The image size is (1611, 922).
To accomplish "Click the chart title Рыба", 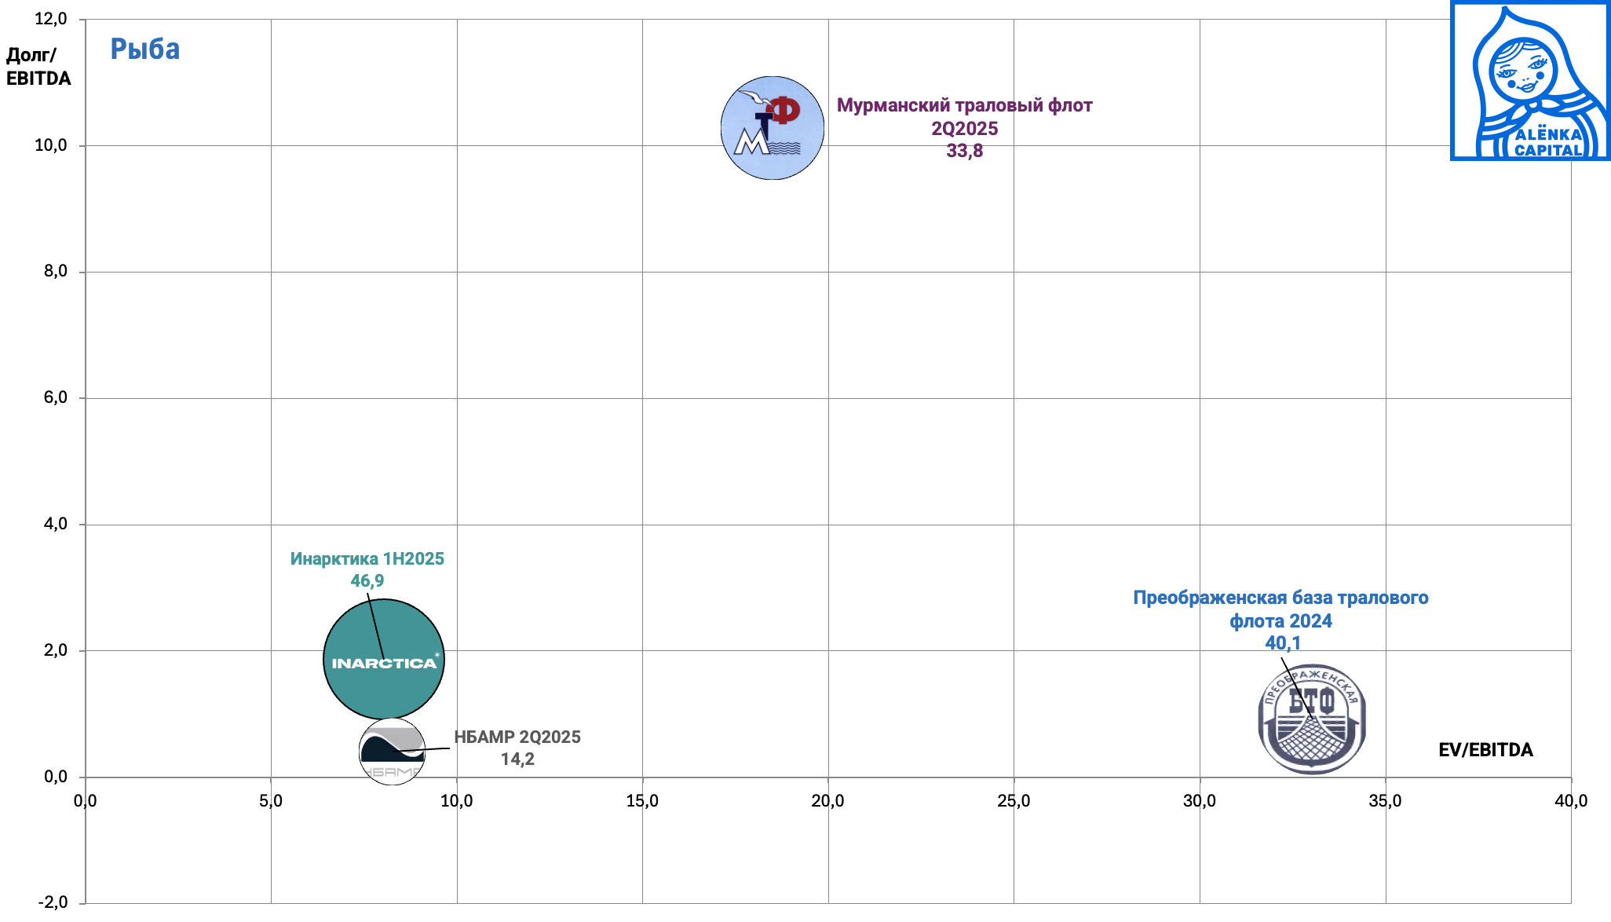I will point(144,49).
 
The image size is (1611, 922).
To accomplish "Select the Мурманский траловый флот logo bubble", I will point(772,128).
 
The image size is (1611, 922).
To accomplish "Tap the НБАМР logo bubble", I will point(392,752).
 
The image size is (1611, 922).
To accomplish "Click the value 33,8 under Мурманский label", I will point(964,151).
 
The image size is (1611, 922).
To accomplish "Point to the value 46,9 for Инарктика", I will point(367,581).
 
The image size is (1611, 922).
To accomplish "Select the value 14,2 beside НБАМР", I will point(517,759).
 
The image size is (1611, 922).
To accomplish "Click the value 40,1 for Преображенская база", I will point(1283,643).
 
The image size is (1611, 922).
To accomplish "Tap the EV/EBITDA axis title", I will point(1485,750).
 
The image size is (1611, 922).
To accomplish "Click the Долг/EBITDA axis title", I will point(38,67).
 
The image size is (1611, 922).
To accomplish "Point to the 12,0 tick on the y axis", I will point(51,19).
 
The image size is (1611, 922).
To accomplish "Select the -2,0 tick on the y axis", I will point(51,902).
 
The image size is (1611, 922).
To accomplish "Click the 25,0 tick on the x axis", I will point(1014,801).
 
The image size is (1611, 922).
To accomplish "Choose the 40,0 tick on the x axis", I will point(1571,801).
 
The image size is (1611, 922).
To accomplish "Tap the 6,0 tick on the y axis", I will point(55,397).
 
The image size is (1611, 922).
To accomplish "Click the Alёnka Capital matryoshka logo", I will point(1529,81).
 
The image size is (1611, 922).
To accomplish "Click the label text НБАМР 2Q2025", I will point(517,737).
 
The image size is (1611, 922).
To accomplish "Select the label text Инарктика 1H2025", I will point(367,559).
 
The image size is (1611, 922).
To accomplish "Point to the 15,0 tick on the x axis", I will point(642,801).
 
